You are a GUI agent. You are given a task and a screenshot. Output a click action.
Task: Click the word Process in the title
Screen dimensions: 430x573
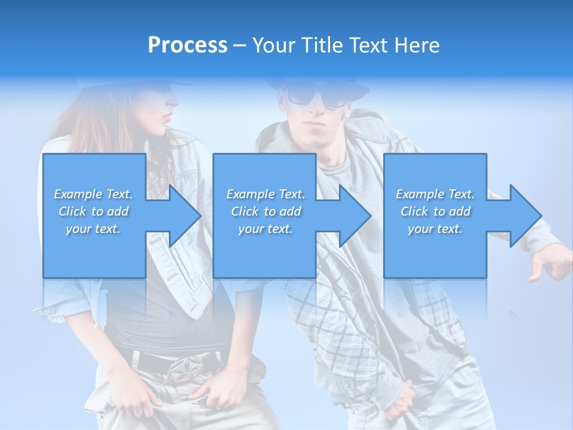187,45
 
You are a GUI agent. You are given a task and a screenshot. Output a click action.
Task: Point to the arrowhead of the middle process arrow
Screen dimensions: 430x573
355,216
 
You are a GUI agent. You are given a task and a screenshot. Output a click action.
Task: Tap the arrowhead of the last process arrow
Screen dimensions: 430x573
525,216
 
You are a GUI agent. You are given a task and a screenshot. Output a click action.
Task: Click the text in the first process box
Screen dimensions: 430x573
94,211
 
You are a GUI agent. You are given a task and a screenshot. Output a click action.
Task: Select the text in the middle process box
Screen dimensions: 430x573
266,211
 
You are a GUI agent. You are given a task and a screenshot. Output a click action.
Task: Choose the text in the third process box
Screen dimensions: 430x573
435,211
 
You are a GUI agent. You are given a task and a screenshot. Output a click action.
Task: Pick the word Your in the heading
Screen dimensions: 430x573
273,45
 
